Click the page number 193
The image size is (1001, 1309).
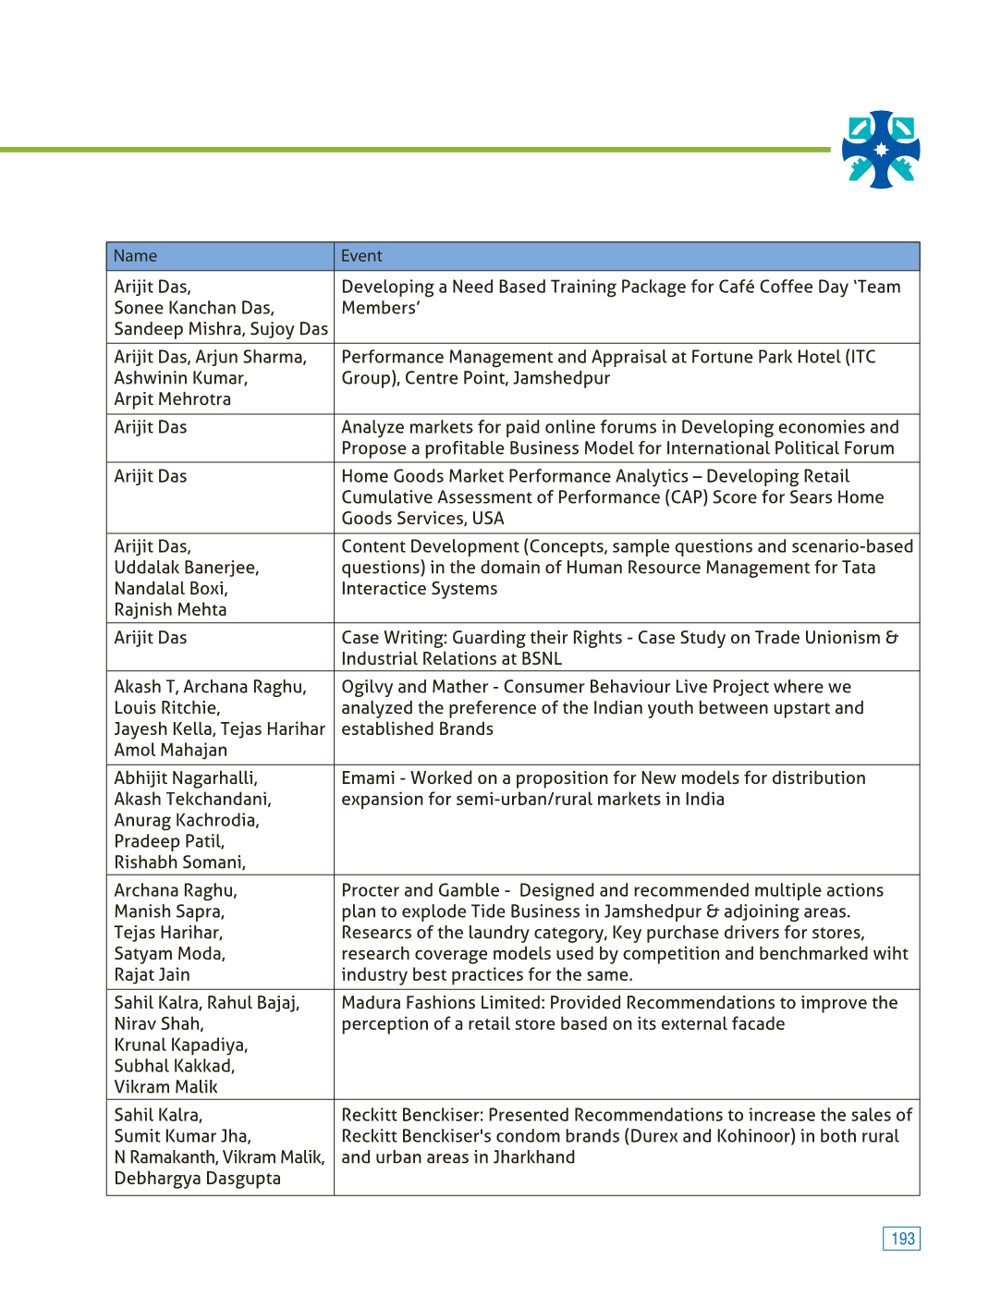click(901, 1239)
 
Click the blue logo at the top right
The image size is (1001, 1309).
click(881, 150)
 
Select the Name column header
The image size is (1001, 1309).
click(135, 256)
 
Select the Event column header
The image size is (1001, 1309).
click(361, 256)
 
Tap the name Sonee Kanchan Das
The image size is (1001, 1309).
click(194, 308)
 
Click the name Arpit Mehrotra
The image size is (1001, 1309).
click(173, 399)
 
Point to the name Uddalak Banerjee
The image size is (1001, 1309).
click(186, 568)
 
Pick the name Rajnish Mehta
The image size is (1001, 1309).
click(170, 609)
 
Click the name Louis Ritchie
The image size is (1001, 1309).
click(166, 708)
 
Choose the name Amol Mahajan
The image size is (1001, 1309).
click(170, 750)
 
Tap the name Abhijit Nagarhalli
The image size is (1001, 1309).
click(186, 778)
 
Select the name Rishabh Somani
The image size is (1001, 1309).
click(179, 862)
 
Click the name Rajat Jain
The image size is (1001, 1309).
click(152, 974)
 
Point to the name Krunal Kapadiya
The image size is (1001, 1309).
click(180, 1045)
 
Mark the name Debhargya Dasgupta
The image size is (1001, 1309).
click(197, 1179)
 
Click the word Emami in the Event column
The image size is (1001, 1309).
click(368, 778)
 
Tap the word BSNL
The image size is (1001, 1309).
click(541, 659)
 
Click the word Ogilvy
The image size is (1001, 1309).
click(367, 687)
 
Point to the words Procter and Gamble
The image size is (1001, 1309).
click(421, 890)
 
